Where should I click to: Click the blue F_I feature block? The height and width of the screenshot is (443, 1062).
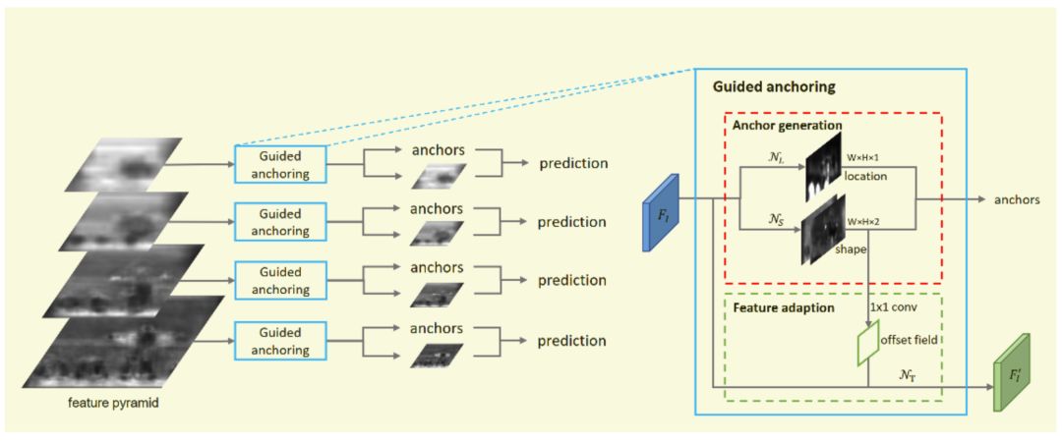click(660, 212)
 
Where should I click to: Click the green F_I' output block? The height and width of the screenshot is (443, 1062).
click(1011, 372)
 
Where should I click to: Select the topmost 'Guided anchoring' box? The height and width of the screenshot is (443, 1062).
click(279, 164)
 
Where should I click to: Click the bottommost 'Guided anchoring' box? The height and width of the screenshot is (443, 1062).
click(279, 341)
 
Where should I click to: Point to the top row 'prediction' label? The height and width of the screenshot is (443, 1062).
click(573, 164)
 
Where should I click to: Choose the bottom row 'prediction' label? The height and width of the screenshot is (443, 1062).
click(573, 341)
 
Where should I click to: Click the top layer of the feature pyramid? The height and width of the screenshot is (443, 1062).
click(122, 165)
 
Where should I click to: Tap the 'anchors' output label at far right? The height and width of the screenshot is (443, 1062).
click(1018, 199)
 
